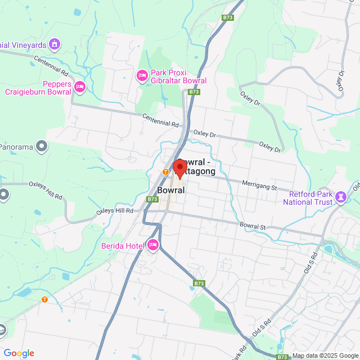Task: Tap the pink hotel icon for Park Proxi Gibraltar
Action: (142, 75)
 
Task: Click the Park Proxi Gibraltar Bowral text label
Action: (178, 76)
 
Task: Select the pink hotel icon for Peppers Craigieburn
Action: (79, 87)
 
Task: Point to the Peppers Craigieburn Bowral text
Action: (38, 88)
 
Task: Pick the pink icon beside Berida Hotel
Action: (153, 245)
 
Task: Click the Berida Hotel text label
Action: (123, 245)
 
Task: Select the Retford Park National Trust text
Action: (309, 197)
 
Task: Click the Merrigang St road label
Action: (260, 184)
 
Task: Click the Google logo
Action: (19, 353)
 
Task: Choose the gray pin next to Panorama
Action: (41, 147)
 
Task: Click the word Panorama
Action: (16, 145)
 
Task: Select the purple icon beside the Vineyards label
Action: (55, 43)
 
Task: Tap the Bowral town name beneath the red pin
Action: (171, 191)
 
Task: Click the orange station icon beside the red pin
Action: (165, 172)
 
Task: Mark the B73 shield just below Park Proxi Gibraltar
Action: (194, 92)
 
